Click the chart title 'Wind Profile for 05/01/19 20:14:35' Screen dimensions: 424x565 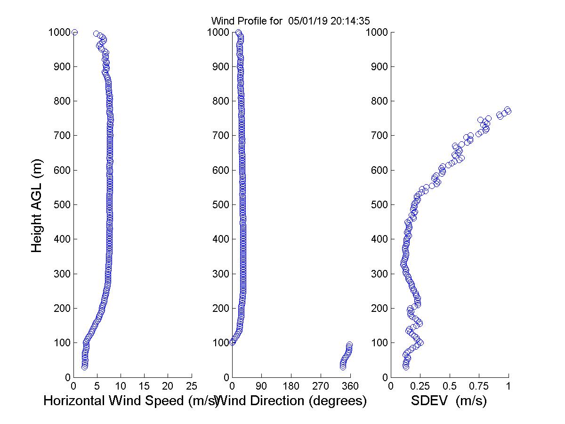pos(290,21)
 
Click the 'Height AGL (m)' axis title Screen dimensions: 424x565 pos(37,204)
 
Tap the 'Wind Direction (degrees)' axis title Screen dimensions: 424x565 pos(293,401)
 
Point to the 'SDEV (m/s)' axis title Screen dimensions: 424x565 pos(449,401)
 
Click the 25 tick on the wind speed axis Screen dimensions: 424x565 pos(192,386)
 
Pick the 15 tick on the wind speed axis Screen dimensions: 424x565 pos(145,386)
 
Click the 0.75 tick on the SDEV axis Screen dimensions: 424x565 pos(479,386)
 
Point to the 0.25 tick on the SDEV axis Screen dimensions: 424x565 pos(420,386)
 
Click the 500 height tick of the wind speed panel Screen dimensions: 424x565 pos(61,205)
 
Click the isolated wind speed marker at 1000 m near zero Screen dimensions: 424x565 pos(74,32)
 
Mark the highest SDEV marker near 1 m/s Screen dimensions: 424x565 pos(508,110)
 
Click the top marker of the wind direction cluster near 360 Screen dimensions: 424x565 pos(349,345)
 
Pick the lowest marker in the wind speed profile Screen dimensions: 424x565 pos(84,367)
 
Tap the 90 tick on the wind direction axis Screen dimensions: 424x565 pos(262,386)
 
